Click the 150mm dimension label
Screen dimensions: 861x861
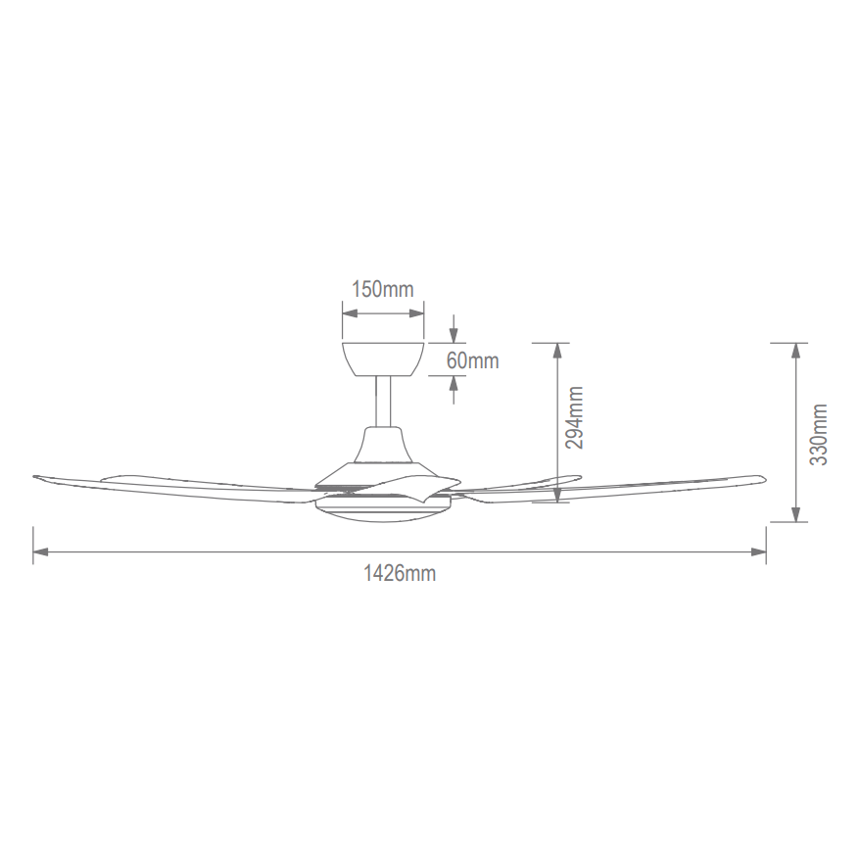pyautogui.click(x=383, y=289)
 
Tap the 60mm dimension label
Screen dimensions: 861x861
pyautogui.click(x=473, y=360)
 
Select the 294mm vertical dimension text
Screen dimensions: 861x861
pyautogui.click(x=574, y=417)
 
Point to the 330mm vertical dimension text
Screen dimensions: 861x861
pyautogui.click(x=818, y=434)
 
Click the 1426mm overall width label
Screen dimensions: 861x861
pyautogui.click(x=400, y=574)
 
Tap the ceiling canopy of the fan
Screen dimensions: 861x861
pyautogui.click(x=383, y=359)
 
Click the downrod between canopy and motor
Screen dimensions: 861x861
pyautogui.click(x=383, y=402)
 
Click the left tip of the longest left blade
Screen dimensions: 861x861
pyautogui.click(x=33, y=477)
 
